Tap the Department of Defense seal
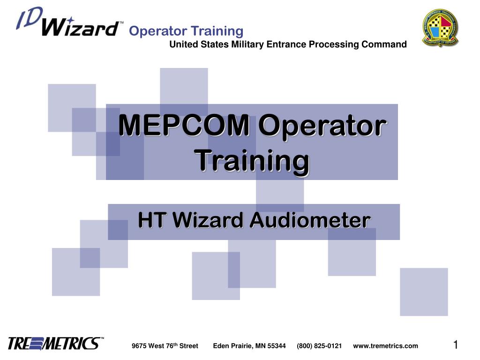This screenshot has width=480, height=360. click(x=440, y=27)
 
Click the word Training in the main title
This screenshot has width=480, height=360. click(x=252, y=160)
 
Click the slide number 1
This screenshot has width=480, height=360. click(x=455, y=345)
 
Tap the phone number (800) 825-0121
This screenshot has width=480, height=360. click(x=319, y=346)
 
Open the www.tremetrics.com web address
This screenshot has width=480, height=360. click(x=385, y=346)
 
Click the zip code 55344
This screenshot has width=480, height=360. click(x=277, y=346)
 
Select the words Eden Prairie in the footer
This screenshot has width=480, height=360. click(x=233, y=346)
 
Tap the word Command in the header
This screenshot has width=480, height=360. click(x=384, y=45)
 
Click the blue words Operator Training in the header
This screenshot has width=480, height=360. click(x=186, y=31)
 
